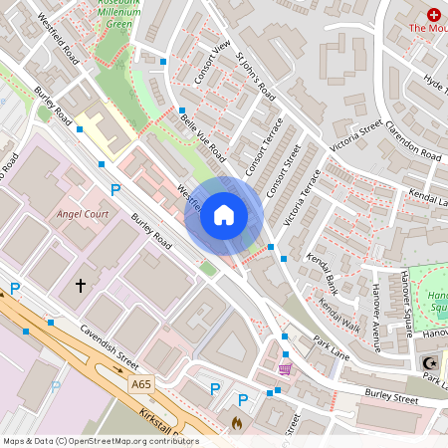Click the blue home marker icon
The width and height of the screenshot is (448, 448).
click(224, 215)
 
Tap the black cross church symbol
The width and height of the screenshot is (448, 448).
click(80, 287)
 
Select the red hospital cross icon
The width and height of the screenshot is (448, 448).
click(433, 14)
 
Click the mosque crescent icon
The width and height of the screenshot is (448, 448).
click(429, 362)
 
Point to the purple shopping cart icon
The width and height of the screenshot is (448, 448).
click(286, 369)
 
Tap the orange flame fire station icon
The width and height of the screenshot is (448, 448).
click(237, 423)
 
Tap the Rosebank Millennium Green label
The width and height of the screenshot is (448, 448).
click(124, 14)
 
